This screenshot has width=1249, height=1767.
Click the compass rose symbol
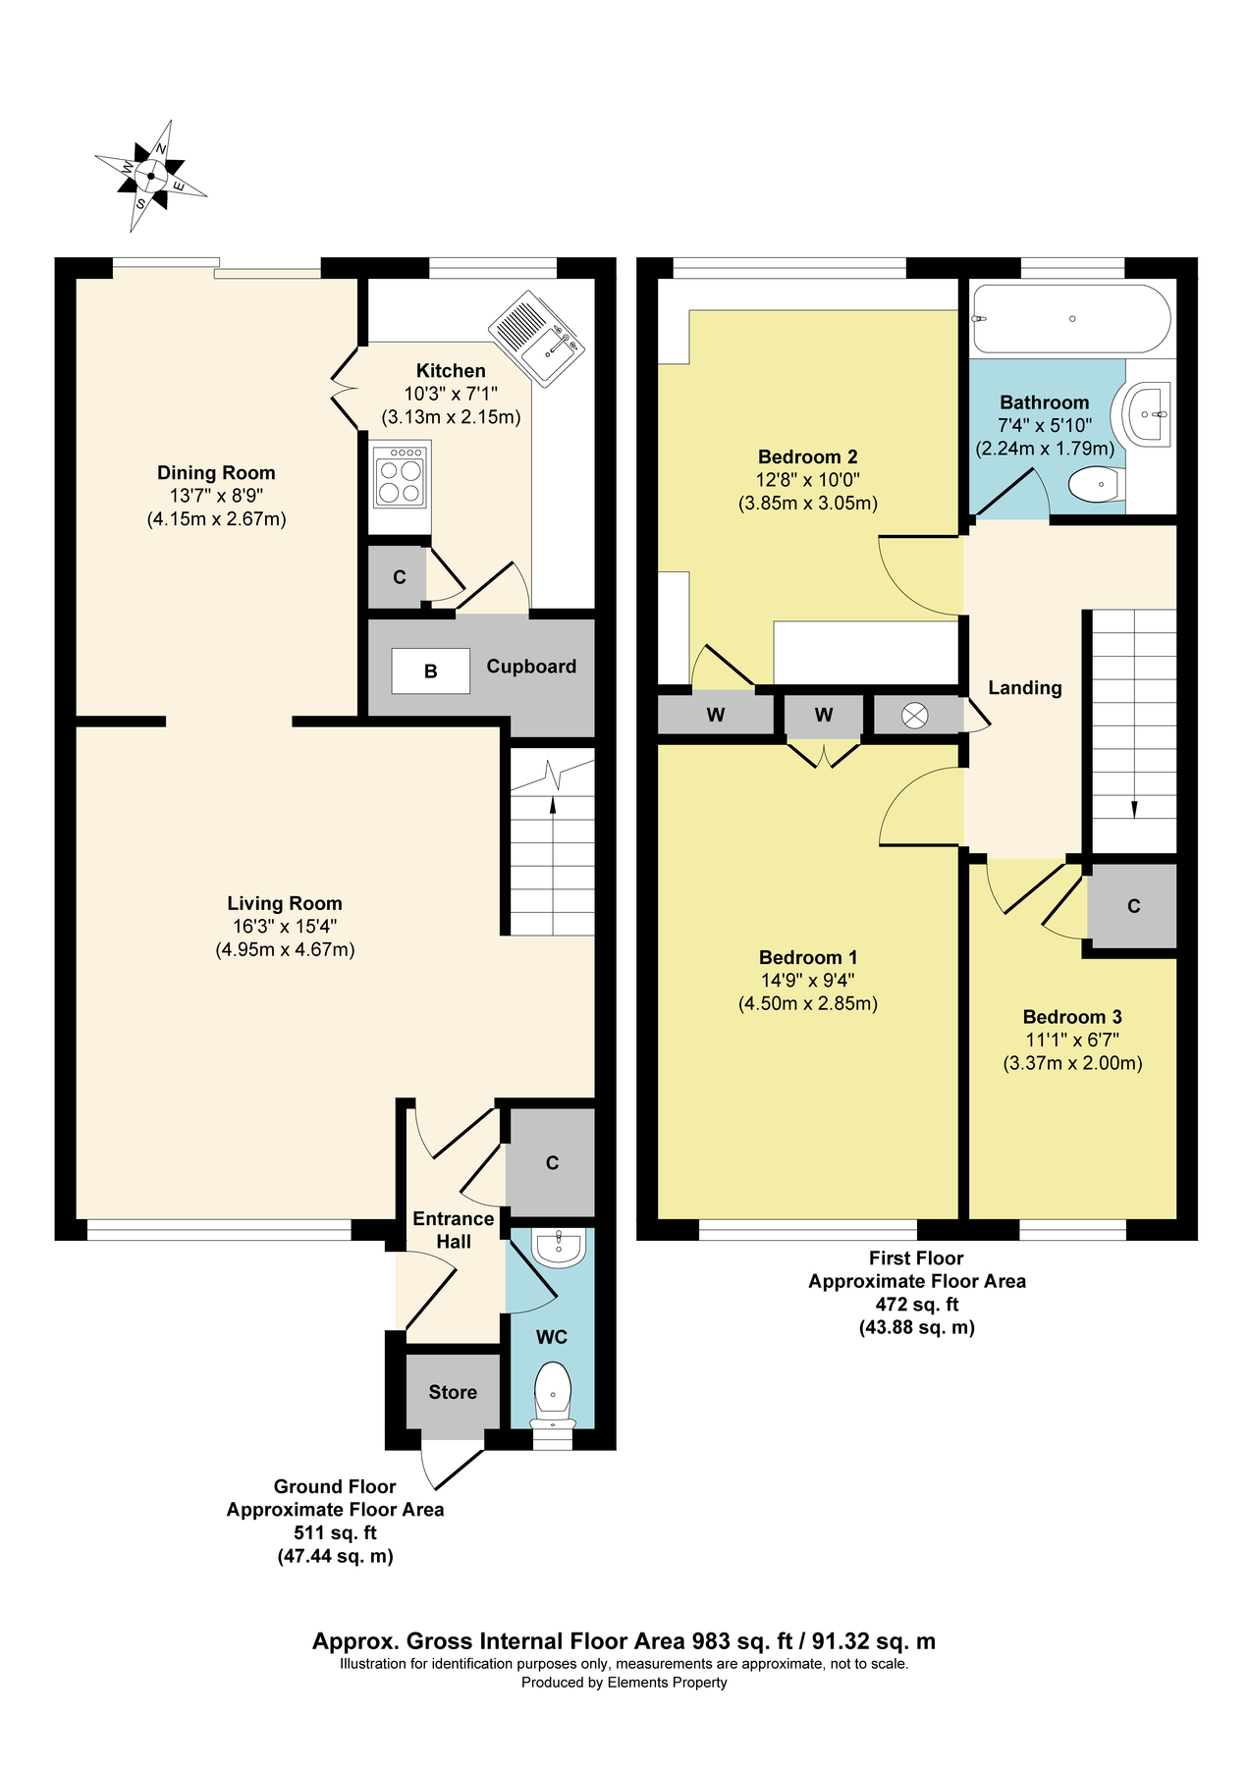[150, 177]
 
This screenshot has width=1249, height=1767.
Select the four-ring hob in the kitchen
[400, 474]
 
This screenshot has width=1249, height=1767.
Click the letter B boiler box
[430, 671]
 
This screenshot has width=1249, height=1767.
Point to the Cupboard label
[531, 667]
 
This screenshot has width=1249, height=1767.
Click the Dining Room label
[216, 473]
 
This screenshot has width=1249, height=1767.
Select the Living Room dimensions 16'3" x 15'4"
[285, 927]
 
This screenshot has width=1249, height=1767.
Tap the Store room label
[453, 1392]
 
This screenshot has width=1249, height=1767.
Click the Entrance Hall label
[453, 1230]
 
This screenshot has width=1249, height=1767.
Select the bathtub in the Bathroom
[1070, 319]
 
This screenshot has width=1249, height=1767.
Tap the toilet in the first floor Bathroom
[1096, 483]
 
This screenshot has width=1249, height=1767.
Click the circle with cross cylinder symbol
[914, 716]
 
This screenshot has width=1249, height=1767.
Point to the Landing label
[1024, 688]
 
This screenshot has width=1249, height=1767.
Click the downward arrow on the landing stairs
[1134, 807]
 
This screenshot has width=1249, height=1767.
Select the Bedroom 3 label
[1071, 1017]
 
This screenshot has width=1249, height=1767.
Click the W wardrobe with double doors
[823, 716]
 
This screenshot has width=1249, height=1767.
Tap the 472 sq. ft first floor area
[916, 1305]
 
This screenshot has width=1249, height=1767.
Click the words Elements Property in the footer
[667, 1683]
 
